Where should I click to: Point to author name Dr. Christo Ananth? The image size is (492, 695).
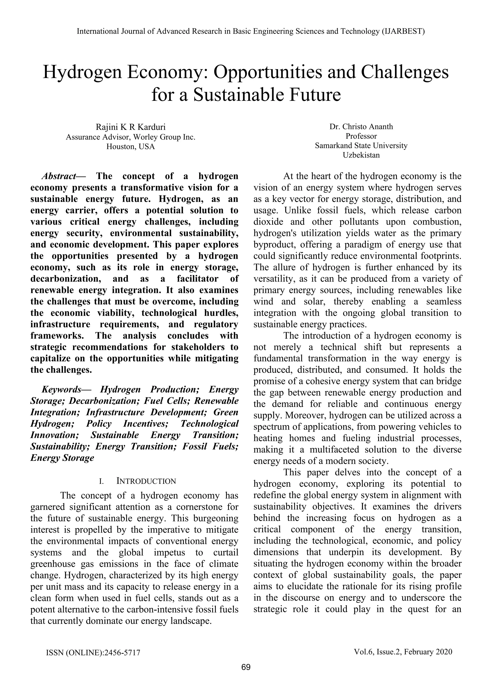[x=361, y=127]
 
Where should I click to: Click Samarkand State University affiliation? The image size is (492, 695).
[x=361, y=145]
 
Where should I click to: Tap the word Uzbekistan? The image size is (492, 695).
[x=361, y=155]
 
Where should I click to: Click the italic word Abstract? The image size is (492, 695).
[x=59, y=176]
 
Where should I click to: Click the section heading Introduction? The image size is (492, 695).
[x=146, y=481]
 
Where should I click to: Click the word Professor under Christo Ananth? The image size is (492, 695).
[x=361, y=136]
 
